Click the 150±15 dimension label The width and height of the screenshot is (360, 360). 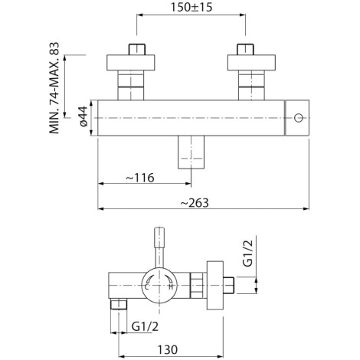coord(191,8)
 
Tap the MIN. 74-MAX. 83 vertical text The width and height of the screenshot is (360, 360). coord(54,88)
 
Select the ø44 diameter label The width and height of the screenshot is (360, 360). coord(83,116)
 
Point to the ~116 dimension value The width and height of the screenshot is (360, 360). coord(140,178)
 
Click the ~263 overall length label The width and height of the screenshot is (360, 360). coord(195,203)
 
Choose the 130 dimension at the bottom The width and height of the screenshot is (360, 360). coord(168,349)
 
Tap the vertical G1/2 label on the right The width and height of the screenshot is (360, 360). coord(247,254)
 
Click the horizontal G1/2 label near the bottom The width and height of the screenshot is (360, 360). coord(145,326)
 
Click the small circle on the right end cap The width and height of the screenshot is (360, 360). coord(298,118)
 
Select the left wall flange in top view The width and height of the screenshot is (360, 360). coord(131,63)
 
